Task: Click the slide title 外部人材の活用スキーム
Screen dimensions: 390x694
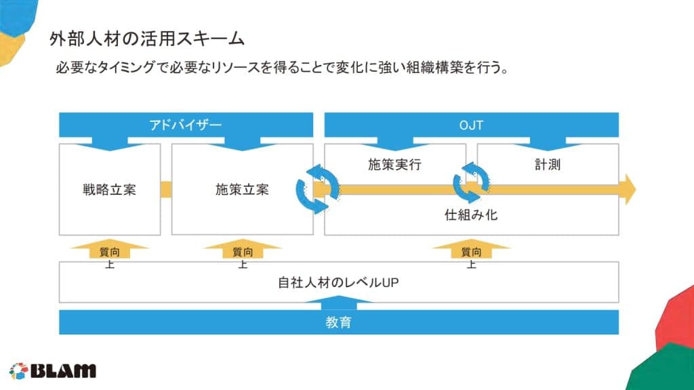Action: (147, 39)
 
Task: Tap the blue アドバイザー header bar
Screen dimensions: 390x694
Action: (186, 125)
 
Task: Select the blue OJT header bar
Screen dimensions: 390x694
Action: (472, 125)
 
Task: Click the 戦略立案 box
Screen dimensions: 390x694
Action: (109, 189)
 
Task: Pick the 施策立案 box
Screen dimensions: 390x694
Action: (242, 189)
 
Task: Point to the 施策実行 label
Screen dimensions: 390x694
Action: (394, 165)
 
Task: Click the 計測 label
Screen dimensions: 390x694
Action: (547, 165)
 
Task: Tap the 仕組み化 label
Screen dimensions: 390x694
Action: (472, 215)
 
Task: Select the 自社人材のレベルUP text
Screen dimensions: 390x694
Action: (338, 282)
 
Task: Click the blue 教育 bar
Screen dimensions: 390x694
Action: (338, 322)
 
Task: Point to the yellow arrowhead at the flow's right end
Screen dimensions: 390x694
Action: (630, 189)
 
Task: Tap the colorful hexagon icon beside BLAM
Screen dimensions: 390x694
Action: (18, 371)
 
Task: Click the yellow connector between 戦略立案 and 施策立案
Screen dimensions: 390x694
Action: (166, 189)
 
